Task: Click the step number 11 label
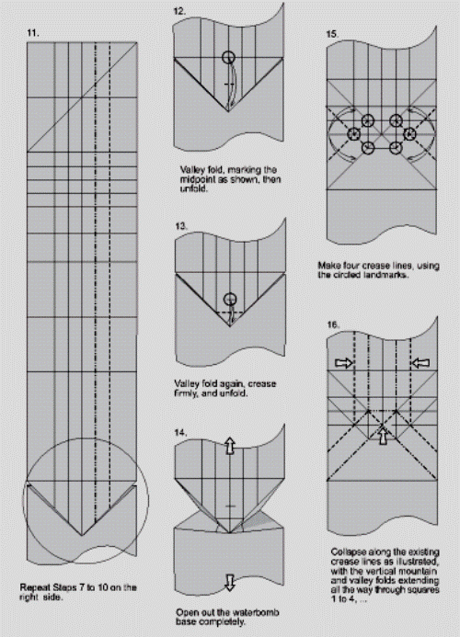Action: click(33, 33)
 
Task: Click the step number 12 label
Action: click(179, 11)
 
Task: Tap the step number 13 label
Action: click(181, 226)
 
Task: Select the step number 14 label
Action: click(181, 433)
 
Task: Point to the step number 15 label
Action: click(332, 34)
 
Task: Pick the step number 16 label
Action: click(333, 324)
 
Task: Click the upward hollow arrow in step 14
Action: click(230, 446)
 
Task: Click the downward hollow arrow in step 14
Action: click(230, 583)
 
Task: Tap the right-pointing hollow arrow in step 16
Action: click(344, 362)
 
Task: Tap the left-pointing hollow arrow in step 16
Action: click(420, 362)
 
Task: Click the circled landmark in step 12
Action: click(229, 57)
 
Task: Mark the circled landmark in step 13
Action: click(230, 300)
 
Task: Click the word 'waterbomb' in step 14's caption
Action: click(260, 612)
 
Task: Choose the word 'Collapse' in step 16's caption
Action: click(348, 552)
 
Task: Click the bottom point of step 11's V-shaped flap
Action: click(82, 536)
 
